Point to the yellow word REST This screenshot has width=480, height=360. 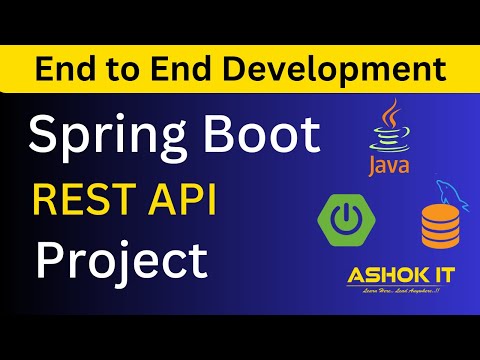tap(84, 200)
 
